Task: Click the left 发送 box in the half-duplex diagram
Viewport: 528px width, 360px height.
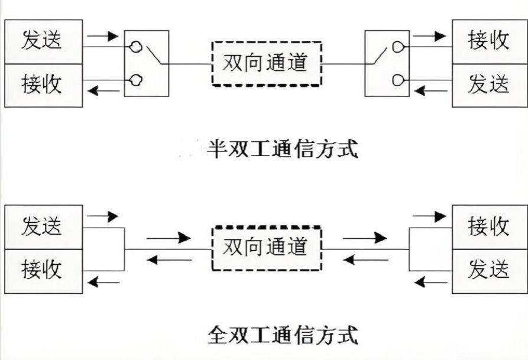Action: (43, 41)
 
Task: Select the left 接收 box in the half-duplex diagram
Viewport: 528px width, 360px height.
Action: (43, 85)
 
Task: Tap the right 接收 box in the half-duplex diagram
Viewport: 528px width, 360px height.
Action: (488, 41)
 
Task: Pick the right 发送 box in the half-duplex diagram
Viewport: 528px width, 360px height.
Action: (488, 85)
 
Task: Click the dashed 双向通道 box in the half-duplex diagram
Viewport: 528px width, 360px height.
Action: (267, 63)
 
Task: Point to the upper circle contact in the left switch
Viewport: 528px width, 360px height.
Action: (136, 47)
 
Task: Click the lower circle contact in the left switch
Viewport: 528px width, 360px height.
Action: (136, 80)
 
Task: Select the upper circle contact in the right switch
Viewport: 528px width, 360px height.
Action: (398, 47)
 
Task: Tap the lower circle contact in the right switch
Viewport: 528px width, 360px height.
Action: (398, 80)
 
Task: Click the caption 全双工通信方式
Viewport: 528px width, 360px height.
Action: (283, 335)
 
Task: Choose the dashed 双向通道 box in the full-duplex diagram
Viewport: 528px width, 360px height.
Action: (267, 248)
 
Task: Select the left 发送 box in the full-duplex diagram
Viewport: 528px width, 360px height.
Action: (43, 226)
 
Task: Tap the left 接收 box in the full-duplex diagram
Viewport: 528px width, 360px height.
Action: (43, 270)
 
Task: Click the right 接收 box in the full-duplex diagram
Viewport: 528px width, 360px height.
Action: (488, 226)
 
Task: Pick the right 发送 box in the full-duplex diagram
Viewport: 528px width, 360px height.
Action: (488, 270)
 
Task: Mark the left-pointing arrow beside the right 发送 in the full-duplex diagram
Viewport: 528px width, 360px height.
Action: (430, 282)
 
